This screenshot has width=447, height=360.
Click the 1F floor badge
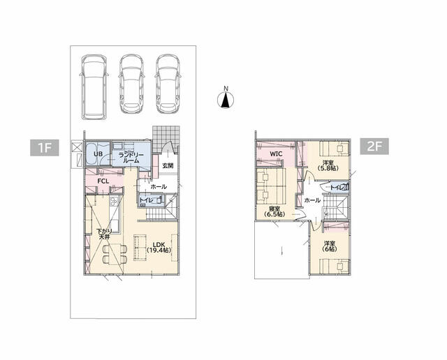pos(45,147)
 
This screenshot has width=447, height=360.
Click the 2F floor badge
pos(374,147)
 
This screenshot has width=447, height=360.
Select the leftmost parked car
pos(94,87)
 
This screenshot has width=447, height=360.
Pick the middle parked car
pos(131,84)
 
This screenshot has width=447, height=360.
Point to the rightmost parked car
pos(168,84)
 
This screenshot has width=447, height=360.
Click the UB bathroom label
pos(98,154)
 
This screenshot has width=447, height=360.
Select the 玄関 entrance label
pos(168,165)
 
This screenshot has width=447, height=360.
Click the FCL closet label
pos(103,181)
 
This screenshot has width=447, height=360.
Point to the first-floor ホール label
pos(159,187)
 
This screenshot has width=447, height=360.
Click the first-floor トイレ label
pos(147,200)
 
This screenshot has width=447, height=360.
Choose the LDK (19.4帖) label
pos(159,247)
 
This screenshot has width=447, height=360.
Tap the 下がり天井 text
pos(104,234)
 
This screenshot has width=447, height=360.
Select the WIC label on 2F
pos(276,154)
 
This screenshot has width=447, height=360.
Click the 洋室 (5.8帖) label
pos(328,165)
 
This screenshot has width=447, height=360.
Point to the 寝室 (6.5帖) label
pos(274,211)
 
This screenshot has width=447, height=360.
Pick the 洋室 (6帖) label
pos(329,246)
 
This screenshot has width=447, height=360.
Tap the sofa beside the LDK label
pos(140,247)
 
